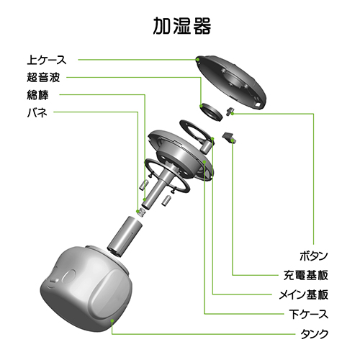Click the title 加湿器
coord(182,26)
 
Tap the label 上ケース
coord(47,60)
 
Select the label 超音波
coord(43,77)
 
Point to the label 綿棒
coord(37,95)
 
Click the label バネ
coord(37,112)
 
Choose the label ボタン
coord(314,256)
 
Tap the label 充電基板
coord(306,275)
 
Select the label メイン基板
coord(304,294)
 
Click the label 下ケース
coord(309,314)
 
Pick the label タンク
coord(314,333)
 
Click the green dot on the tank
coord(112,320)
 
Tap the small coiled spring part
coord(141,212)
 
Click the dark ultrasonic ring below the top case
coord(211,112)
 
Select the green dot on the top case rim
coord(198,60)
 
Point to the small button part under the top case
coord(230,111)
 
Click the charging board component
coord(229,138)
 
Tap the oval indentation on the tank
coord(69,274)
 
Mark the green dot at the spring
coord(138,212)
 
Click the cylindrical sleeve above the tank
coord(125,237)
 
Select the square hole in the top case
coord(258,105)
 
